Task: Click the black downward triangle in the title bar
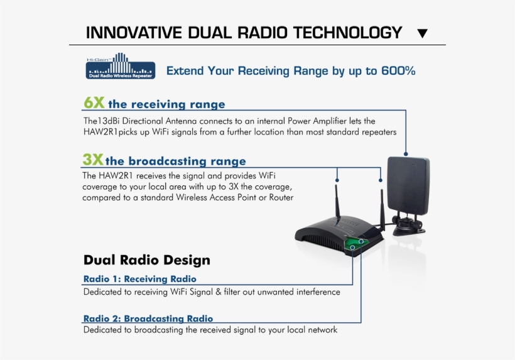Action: pos(423,33)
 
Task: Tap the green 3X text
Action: pos(93,160)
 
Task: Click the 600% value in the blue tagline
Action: pos(398,71)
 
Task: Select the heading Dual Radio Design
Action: pos(146,260)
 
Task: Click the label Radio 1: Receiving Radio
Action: pos(139,279)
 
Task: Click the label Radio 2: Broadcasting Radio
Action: pos(148,319)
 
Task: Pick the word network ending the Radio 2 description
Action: pos(320,330)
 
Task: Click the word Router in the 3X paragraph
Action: pos(281,198)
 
